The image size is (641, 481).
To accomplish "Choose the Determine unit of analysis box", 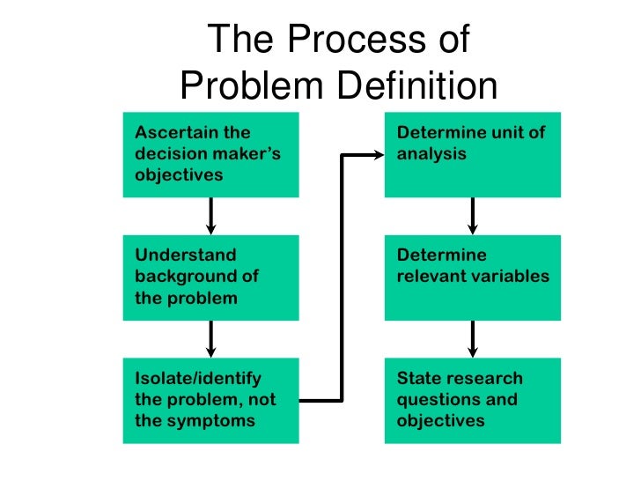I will [473, 155].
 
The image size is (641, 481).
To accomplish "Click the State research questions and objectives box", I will [473, 401].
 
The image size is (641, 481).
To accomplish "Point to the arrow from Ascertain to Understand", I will [211, 216].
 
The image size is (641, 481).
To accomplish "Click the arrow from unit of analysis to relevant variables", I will [473, 216].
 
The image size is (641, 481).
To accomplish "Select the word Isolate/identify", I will [198, 379].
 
